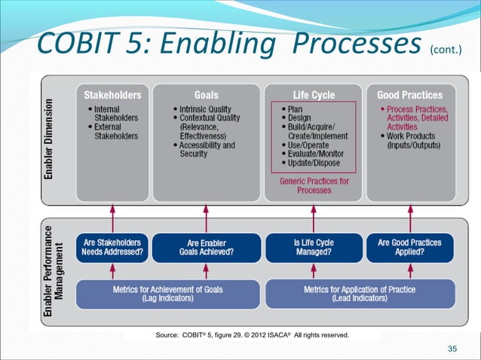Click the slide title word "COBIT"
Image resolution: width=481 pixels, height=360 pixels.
[74, 44]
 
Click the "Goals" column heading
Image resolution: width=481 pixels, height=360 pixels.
[207, 96]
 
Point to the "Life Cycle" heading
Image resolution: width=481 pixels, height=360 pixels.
[313, 96]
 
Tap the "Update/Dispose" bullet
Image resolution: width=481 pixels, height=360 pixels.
[313, 163]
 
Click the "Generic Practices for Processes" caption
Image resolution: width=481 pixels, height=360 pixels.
[313, 186]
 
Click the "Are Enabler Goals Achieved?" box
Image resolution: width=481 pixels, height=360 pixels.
[206, 248]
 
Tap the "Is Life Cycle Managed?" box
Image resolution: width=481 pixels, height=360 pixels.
[312, 248]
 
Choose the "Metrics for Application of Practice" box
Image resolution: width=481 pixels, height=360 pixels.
[359, 293]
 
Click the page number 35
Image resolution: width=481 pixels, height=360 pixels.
[452, 348]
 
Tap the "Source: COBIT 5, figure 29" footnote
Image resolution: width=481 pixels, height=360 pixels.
[252, 334]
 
